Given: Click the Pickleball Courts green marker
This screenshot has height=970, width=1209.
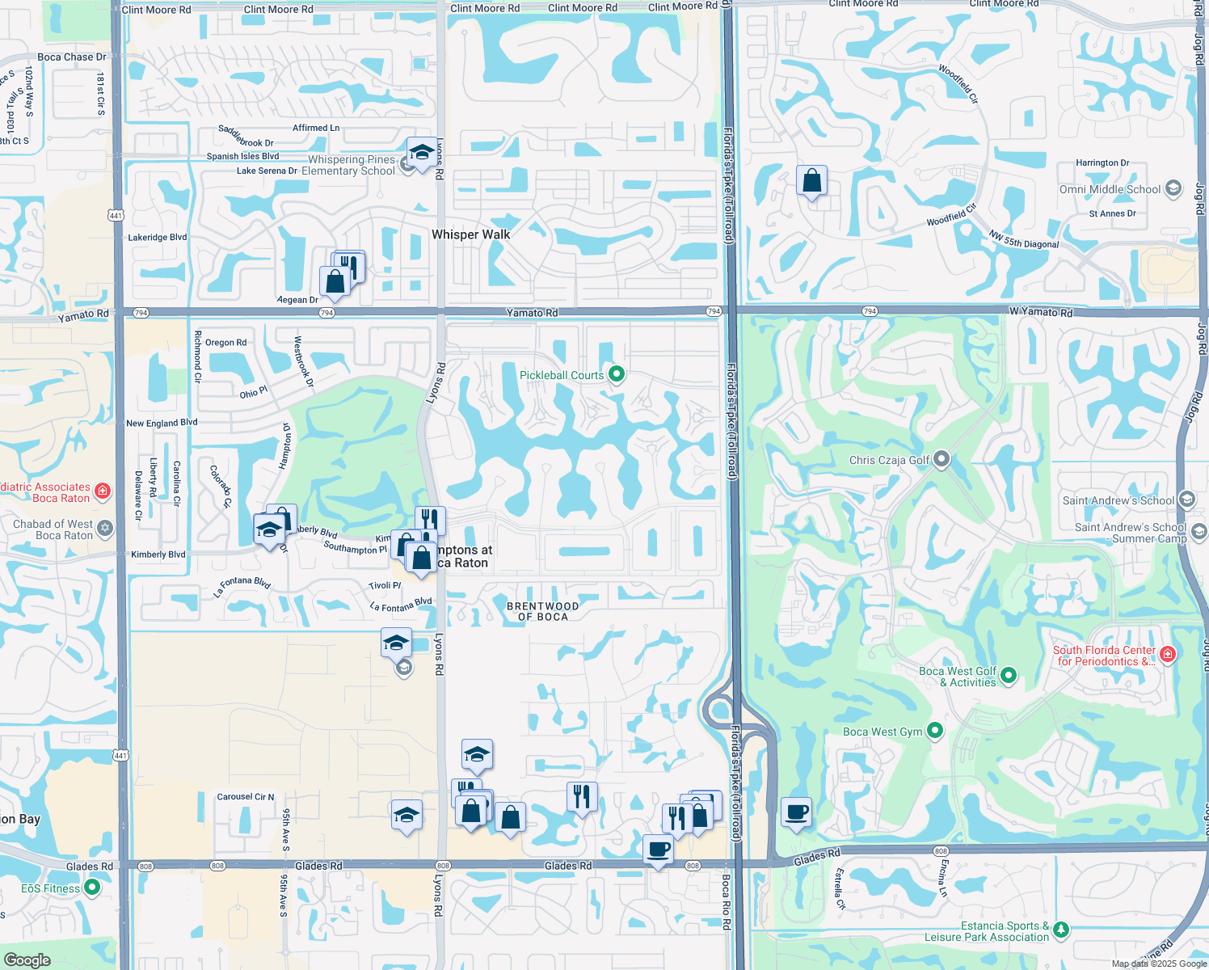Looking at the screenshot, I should (x=617, y=374).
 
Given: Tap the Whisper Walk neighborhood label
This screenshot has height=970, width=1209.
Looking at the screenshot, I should (x=470, y=234).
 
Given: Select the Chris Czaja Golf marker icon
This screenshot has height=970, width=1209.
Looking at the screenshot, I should (x=941, y=460).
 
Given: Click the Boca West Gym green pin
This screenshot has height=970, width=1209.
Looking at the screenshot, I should (x=935, y=732).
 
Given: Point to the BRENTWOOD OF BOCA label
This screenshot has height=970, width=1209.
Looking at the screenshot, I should (x=542, y=611).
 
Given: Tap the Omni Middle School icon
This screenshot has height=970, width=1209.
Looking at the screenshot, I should (x=1173, y=189).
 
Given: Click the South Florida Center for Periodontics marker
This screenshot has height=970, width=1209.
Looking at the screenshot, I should (x=1167, y=654).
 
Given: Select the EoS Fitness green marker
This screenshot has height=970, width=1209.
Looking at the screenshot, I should (x=92, y=888).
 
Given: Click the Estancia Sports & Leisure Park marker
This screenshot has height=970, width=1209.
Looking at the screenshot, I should (x=1061, y=930).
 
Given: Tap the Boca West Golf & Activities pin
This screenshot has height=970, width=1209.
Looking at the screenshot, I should (x=1008, y=676).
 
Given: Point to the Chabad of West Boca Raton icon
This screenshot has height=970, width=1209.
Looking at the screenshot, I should (x=105, y=529).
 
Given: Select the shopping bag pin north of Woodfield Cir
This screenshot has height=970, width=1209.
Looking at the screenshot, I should (x=811, y=181).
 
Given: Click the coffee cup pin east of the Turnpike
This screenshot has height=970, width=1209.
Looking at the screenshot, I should (x=796, y=812).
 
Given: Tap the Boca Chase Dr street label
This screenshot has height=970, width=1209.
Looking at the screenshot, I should (x=72, y=57).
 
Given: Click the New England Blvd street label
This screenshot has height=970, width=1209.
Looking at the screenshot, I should (x=162, y=423).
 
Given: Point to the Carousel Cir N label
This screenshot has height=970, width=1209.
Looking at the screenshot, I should (x=245, y=797).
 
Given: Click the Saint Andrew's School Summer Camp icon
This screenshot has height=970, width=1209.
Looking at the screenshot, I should (x=1198, y=531).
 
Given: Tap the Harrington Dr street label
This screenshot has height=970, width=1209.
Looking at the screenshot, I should (x=1102, y=162).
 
